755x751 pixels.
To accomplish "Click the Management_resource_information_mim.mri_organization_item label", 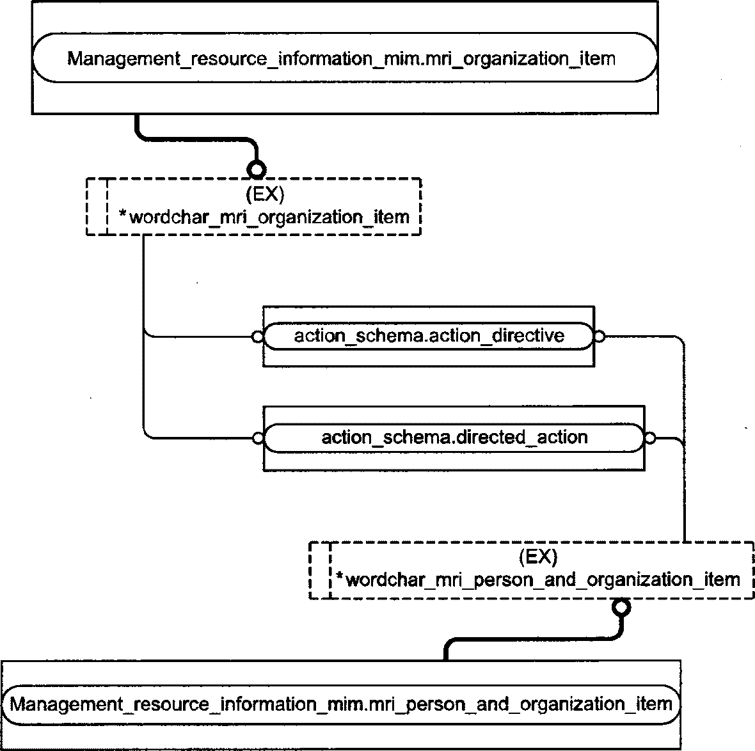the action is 341,59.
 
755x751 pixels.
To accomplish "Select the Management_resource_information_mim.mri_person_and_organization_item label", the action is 341,704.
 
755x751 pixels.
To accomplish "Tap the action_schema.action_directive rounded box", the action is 429,336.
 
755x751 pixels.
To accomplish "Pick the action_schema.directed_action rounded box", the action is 454,438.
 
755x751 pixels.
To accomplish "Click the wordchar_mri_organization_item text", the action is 269,217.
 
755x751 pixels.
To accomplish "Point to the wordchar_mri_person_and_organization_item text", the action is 543,580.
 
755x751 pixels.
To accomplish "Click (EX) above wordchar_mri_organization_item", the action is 266,194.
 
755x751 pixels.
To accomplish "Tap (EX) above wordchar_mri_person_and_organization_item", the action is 538,557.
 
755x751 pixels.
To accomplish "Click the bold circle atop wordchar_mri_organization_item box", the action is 256,170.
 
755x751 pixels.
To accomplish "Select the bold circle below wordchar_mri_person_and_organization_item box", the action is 621,607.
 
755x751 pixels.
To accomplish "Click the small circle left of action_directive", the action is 258,336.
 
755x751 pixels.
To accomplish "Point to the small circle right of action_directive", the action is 600,336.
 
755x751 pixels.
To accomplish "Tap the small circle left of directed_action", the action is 258,438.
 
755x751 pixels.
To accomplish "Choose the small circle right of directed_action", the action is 649,438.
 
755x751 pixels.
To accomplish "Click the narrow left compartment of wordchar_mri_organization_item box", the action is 97,207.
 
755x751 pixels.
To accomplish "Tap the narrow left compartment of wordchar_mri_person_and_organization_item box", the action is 320,571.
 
